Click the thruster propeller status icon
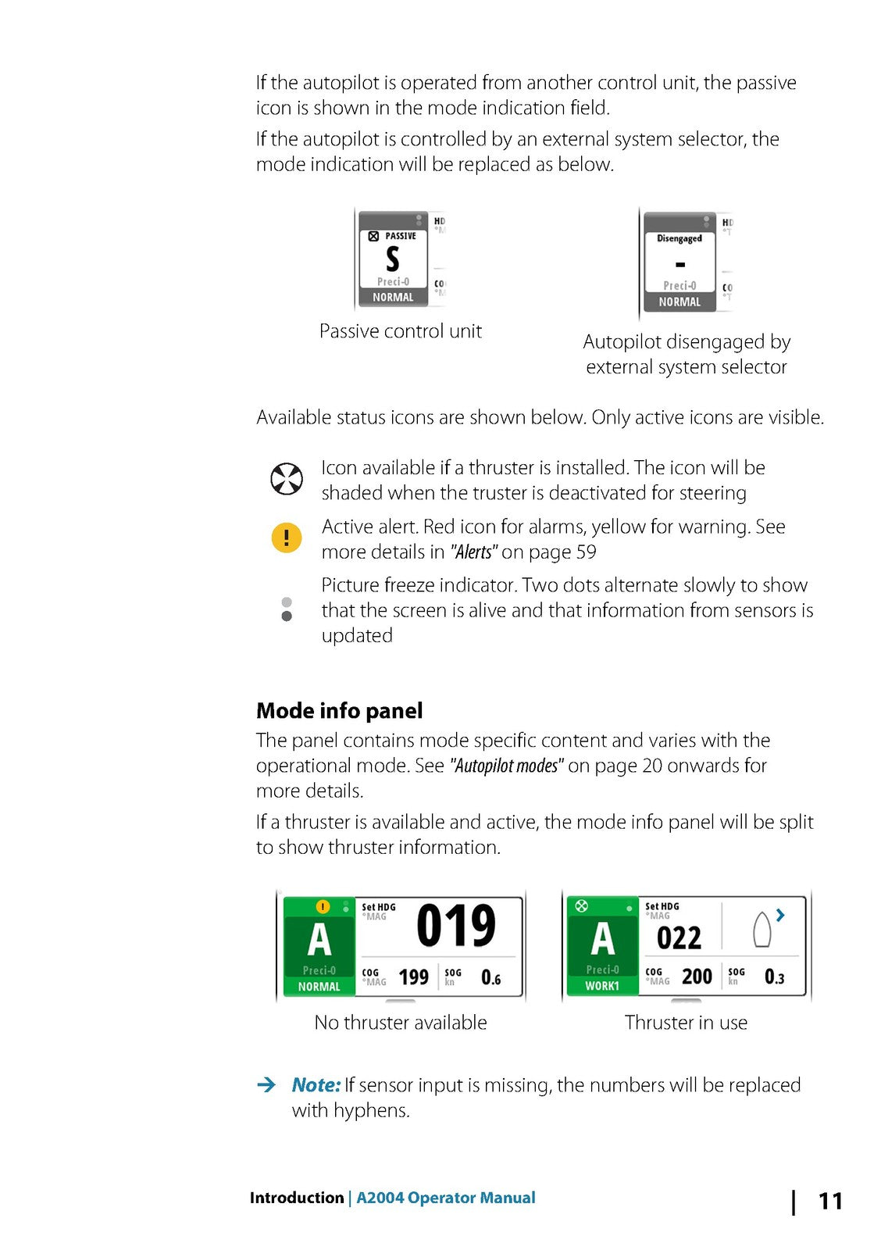click(286, 479)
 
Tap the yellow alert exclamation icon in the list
click(286, 537)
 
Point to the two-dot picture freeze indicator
click(287, 609)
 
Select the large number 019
click(456, 927)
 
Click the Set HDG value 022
click(679, 938)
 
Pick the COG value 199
click(413, 977)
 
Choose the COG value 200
click(697, 977)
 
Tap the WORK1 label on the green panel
click(602, 986)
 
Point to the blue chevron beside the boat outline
click(780, 915)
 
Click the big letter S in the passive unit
click(393, 259)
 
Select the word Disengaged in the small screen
click(679, 239)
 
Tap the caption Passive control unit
click(401, 331)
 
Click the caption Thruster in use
click(686, 1023)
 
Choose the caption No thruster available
click(401, 1023)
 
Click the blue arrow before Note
click(266, 1084)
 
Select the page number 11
click(830, 1201)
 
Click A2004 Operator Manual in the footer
click(446, 1198)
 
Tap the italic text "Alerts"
click(473, 552)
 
